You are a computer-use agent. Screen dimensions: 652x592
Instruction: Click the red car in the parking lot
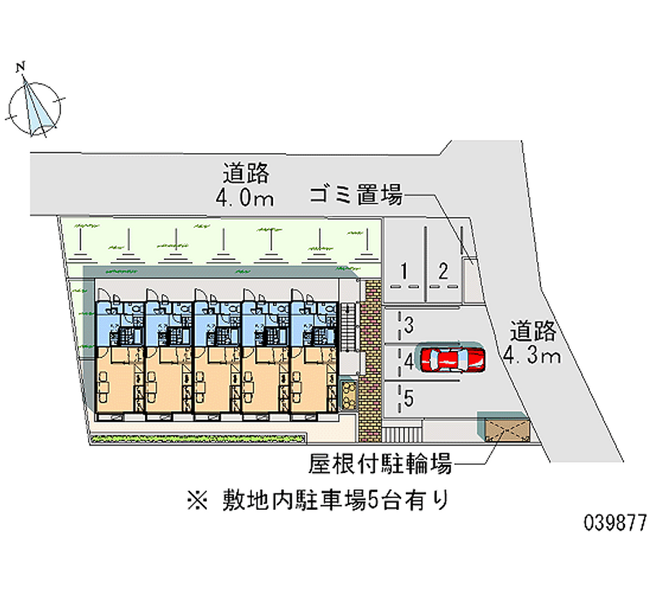(x=452, y=359)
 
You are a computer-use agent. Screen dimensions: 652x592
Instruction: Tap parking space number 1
(x=403, y=271)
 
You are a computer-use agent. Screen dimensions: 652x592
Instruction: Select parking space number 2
(x=443, y=271)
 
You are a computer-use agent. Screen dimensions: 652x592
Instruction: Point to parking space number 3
(x=409, y=325)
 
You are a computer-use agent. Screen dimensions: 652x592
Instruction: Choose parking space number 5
(x=409, y=398)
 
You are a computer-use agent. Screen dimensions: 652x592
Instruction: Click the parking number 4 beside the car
(x=409, y=362)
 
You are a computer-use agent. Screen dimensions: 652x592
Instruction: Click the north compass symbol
(x=35, y=107)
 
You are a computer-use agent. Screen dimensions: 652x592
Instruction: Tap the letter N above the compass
(x=20, y=67)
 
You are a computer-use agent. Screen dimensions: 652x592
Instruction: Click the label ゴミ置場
(x=356, y=195)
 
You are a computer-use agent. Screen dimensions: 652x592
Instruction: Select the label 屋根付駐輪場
(x=380, y=463)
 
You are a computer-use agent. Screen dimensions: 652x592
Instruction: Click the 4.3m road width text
(x=532, y=356)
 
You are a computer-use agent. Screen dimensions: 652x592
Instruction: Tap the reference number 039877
(x=615, y=523)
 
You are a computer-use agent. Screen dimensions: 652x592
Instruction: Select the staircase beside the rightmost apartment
(x=348, y=328)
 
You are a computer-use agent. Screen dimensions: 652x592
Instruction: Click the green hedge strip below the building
(x=198, y=437)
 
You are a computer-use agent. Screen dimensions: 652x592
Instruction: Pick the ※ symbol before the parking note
(x=197, y=500)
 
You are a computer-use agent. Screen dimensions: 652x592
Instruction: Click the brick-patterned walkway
(x=370, y=360)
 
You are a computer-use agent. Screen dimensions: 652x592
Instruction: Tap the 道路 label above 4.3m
(x=533, y=331)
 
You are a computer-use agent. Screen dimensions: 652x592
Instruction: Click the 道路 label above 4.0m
(x=246, y=173)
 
